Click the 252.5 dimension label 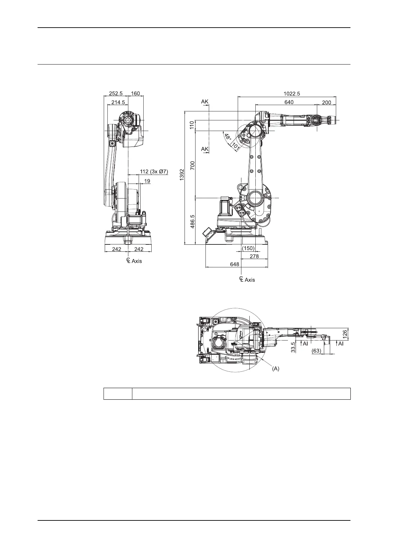[x=116, y=93]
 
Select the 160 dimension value [x=136, y=93]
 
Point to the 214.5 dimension [x=118, y=102]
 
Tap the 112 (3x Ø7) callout [x=154, y=172]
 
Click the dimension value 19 [x=147, y=181]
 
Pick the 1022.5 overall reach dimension [x=292, y=94]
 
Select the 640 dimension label [x=289, y=102]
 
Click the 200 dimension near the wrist [x=327, y=102]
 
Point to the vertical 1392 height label [x=182, y=175]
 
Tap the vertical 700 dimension [x=193, y=166]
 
